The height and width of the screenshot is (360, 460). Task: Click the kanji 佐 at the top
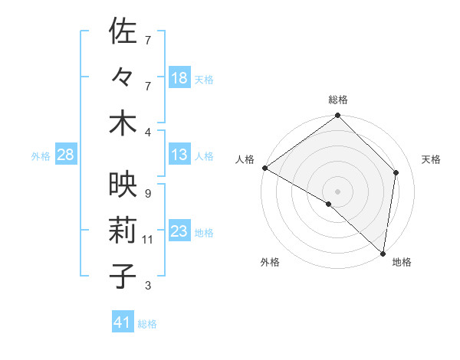123,32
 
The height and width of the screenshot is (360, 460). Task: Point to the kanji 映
123,185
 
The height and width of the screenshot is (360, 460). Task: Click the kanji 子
123,276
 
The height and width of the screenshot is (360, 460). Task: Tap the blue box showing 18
179,78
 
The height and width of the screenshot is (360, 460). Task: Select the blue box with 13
179,155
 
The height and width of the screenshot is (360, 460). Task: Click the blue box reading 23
179,232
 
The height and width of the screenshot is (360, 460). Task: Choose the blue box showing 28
65,155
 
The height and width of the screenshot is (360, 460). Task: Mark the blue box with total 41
123,323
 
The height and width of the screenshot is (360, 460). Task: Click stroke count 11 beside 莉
148,240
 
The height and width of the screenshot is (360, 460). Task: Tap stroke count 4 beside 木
147,132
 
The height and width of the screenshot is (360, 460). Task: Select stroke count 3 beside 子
147,286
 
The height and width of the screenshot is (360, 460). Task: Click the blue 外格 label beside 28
41,156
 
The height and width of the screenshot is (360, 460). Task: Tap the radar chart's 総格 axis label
337,100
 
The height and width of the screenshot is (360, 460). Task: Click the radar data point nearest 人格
264,168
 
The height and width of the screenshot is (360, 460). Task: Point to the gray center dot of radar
337,190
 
